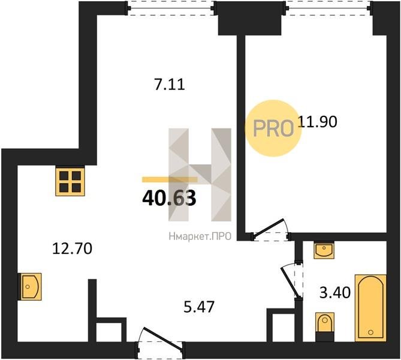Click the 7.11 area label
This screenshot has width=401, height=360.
tap(169, 85)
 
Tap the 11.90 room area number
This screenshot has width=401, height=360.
tap(317, 122)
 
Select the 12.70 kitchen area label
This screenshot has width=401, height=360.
tap(72, 249)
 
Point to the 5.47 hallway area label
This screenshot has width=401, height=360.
tap(199, 307)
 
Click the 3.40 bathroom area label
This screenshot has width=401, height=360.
tap(335, 293)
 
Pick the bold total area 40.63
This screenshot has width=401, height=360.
tap(169, 199)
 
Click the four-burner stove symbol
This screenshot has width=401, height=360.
tap(70, 182)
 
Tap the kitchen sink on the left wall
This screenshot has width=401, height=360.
tap(29, 287)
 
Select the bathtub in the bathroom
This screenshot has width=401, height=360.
tap(370, 308)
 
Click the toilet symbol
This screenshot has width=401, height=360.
tap(325, 327)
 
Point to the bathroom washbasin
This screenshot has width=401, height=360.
tap(324, 250)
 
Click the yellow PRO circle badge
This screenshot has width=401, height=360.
tap(273, 128)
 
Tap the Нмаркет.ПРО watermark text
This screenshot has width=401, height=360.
tap(200, 236)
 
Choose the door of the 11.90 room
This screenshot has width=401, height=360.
tap(271, 230)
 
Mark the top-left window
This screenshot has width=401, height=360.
tap(171, 8)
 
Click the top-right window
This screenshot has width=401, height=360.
tap(328, 8)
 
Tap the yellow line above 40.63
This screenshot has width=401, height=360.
tap(170, 179)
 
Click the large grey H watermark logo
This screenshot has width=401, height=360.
tap(200, 175)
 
